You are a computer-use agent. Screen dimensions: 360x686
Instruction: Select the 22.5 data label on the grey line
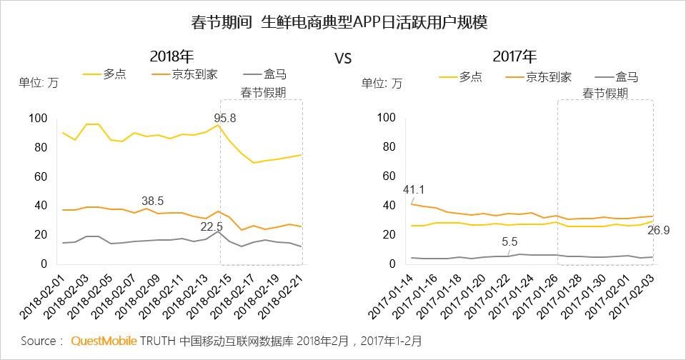(212, 226)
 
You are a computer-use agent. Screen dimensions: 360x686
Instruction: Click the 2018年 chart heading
(172, 56)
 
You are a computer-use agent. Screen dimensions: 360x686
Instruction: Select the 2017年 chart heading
(514, 56)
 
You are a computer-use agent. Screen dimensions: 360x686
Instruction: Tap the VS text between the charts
(343, 59)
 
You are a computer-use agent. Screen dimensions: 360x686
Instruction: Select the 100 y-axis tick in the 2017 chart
(386, 118)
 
